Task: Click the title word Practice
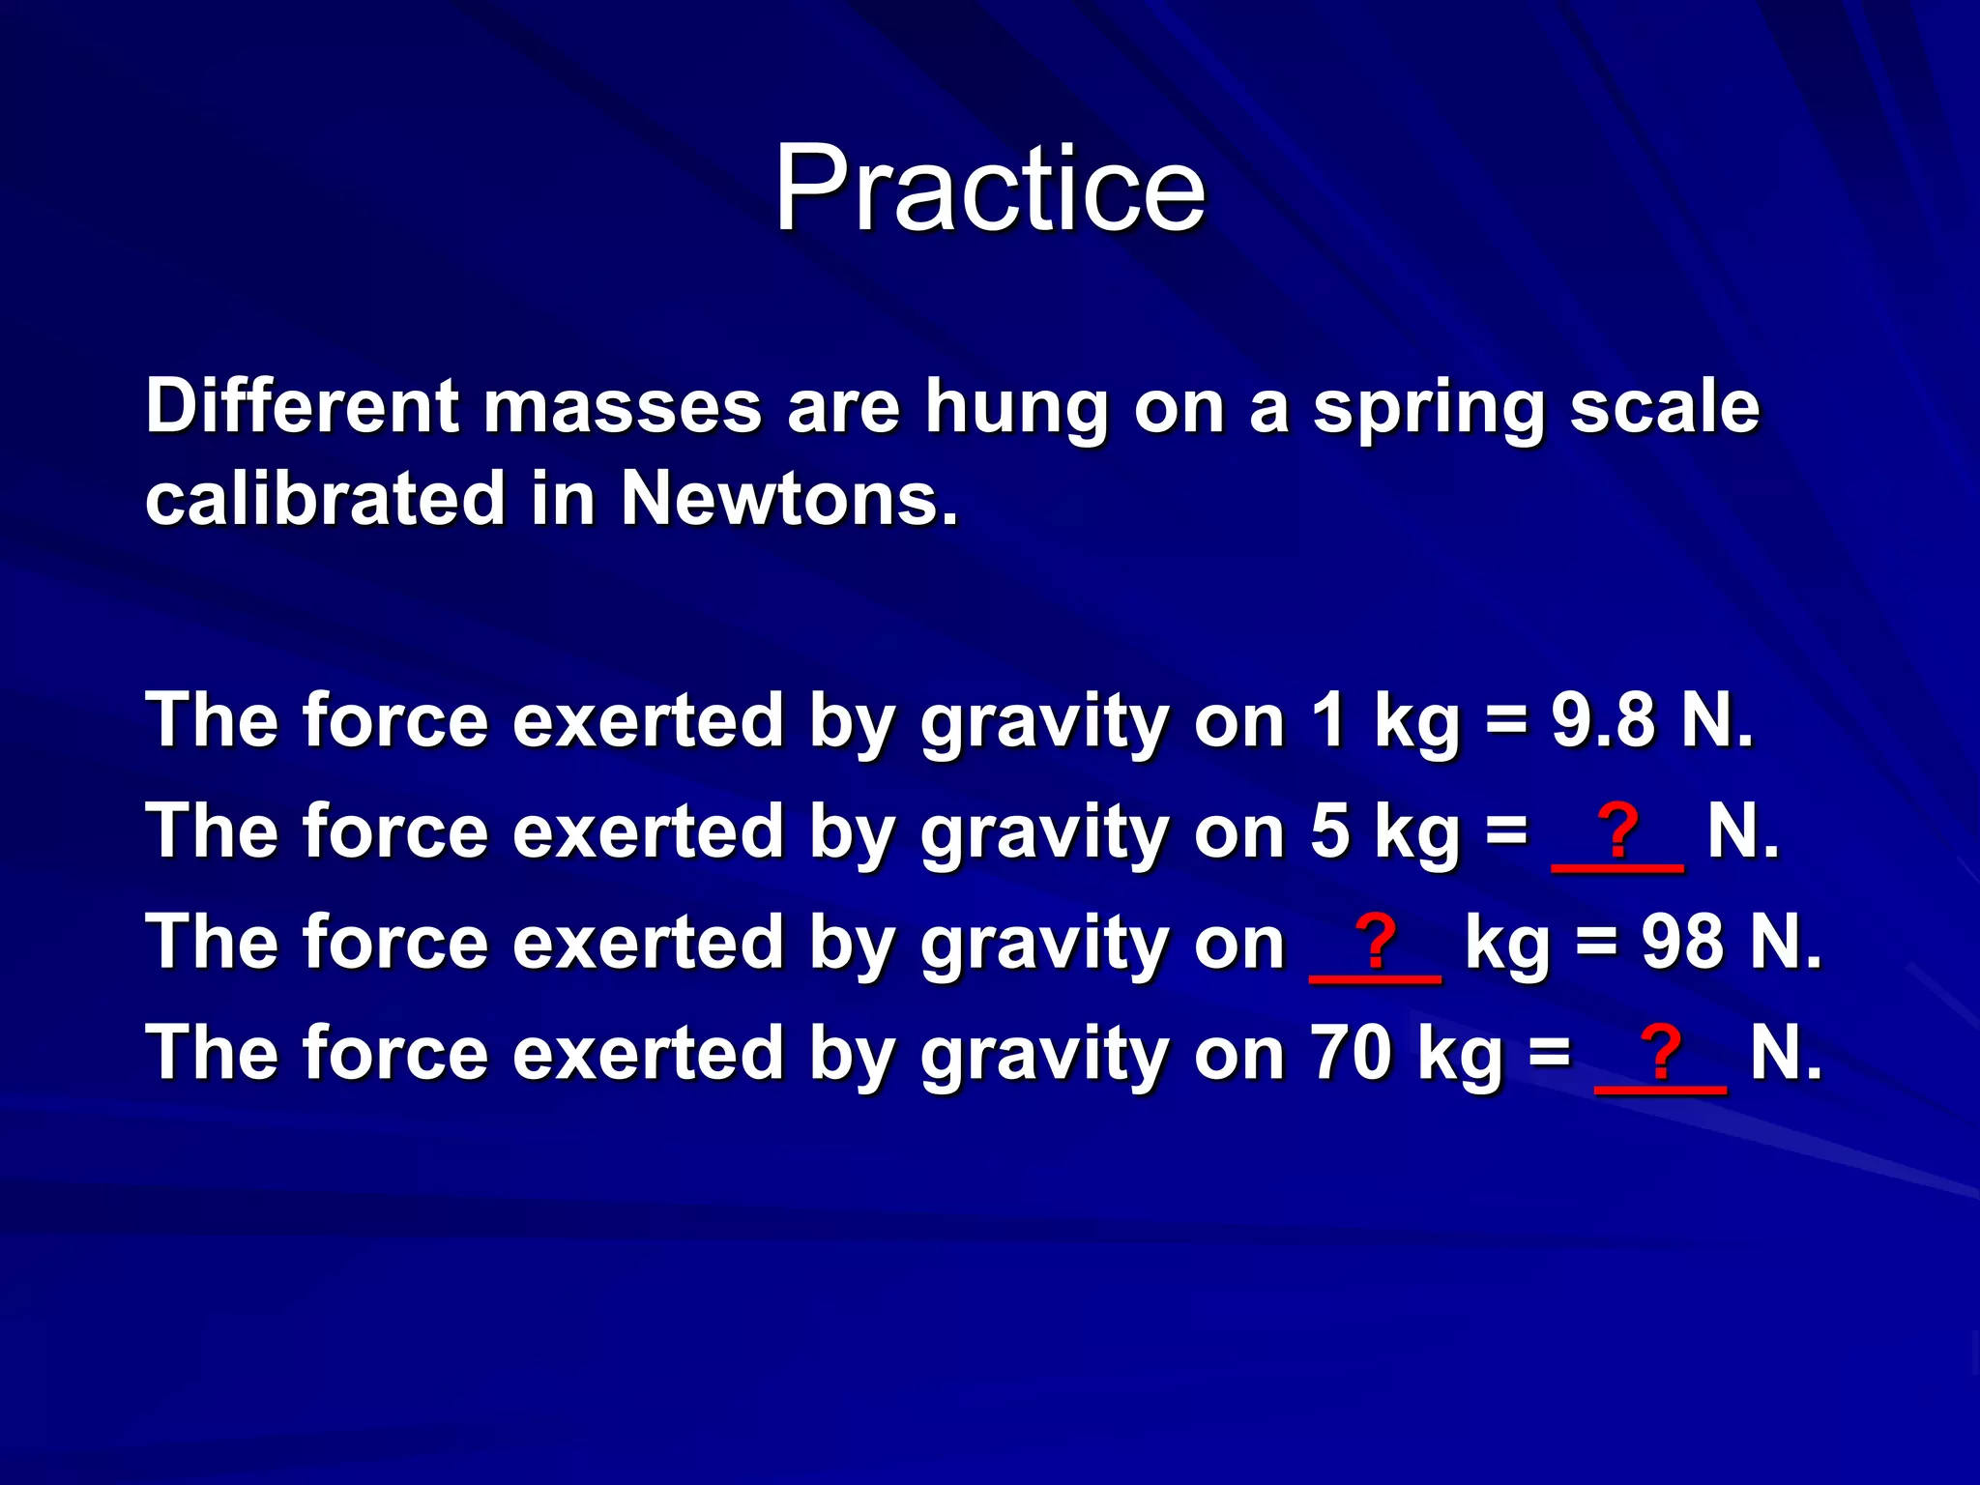pos(989,188)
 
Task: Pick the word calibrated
pos(325,499)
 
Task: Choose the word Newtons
pos(789,499)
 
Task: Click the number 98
pos(1682,942)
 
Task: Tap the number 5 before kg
pos(1329,831)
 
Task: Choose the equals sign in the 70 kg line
pos(1550,1053)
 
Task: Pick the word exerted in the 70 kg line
pos(648,1053)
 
